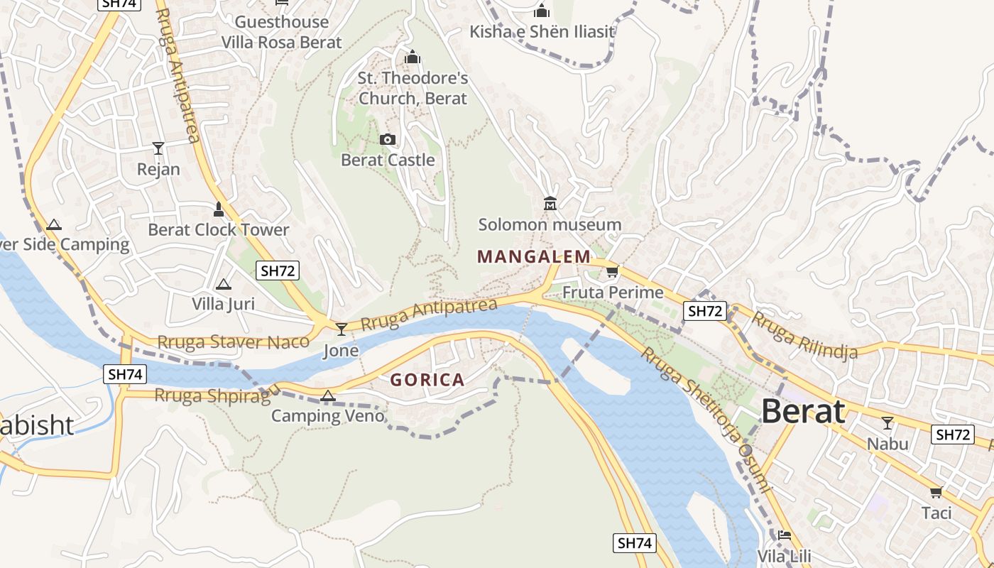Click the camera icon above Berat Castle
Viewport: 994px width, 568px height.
(x=388, y=139)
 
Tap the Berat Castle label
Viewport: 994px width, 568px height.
(x=388, y=160)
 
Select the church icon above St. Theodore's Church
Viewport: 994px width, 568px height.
(x=413, y=57)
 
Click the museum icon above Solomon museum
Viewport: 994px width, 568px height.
(x=550, y=204)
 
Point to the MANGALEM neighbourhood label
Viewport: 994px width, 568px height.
(x=534, y=256)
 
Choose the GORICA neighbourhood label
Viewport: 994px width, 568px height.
(x=427, y=380)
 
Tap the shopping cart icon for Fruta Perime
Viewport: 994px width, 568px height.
(x=612, y=271)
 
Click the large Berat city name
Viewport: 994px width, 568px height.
(x=803, y=411)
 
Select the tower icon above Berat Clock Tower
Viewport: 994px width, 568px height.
(x=219, y=209)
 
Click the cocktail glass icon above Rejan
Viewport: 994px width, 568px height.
(x=158, y=148)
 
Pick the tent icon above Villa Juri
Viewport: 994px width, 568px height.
(x=224, y=285)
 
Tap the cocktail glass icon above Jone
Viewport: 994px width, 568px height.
(x=342, y=329)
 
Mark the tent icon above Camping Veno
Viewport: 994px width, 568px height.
(x=328, y=396)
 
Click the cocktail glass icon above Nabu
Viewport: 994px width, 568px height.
(x=887, y=423)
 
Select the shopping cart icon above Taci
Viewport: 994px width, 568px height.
(x=936, y=492)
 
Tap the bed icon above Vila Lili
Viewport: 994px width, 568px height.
(x=784, y=535)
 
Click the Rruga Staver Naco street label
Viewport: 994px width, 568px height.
(x=234, y=342)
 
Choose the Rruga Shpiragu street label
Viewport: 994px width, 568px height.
(x=213, y=395)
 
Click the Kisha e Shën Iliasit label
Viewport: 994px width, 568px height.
(x=542, y=32)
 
